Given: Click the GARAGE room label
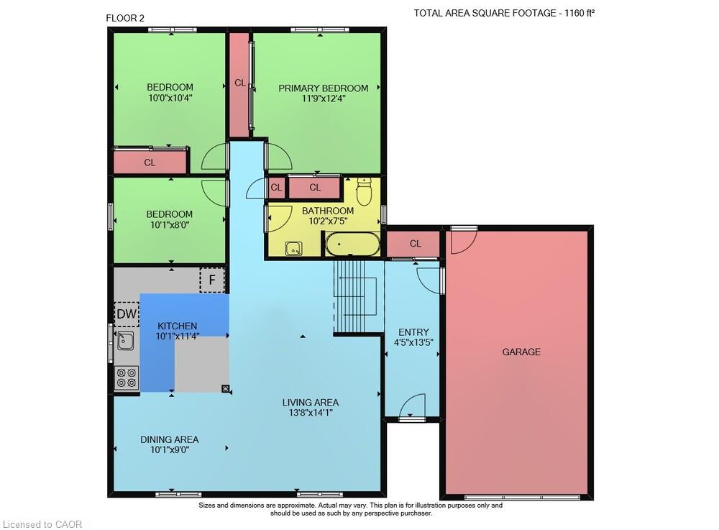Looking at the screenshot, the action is (521, 352).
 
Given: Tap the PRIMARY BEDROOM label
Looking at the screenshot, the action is (324, 88).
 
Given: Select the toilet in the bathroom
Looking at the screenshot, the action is (364, 191).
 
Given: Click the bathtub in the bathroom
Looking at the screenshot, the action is (352, 244).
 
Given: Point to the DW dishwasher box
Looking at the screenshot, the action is (127, 314).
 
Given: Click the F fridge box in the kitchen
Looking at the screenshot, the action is (212, 280).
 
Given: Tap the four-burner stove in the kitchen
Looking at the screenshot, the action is (127, 378).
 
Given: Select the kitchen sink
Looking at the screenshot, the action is (125, 341).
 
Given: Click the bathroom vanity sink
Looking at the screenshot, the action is (293, 249).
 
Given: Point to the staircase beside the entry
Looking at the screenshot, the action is (357, 296).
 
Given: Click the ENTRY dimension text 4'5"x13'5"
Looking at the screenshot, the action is (413, 342).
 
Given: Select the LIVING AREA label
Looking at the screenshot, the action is (311, 403).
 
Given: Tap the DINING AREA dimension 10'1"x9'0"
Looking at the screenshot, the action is (170, 449).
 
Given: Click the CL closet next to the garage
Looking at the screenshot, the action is (415, 244).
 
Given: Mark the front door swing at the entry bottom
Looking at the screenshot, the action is (412, 406).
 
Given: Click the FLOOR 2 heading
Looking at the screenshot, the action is (125, 19).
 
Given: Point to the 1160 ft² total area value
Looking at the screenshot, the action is (580, 13).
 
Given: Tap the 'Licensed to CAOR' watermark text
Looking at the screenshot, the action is (42, 524).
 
